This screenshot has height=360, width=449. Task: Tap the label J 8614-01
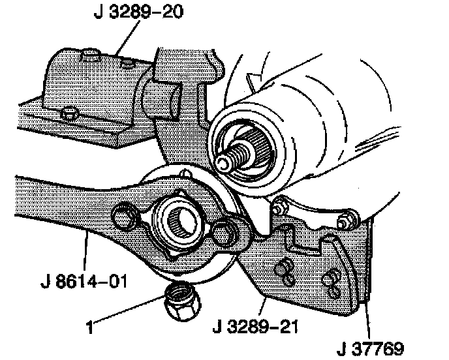tap(81, 284)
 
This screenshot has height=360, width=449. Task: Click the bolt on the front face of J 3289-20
tap(68, 115)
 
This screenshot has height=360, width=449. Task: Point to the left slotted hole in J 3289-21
tap(284, 269)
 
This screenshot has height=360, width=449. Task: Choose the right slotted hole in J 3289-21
tap(331, 279)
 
